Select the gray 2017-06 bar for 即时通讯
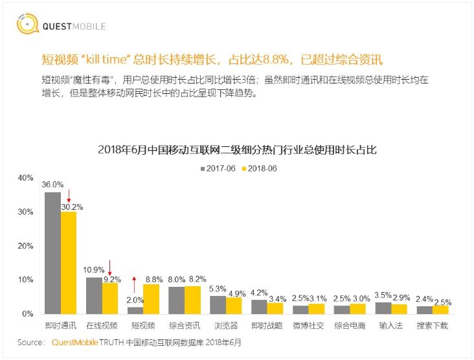point(52,253)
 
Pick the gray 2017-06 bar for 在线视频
point(94,295)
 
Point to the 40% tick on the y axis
point(25,177)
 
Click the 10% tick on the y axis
point(25,280)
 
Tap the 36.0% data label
point(52,185)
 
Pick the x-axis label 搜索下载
point(432,324)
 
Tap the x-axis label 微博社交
point(308,324)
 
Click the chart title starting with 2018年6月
point(237,150)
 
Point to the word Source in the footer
point(30,342)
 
